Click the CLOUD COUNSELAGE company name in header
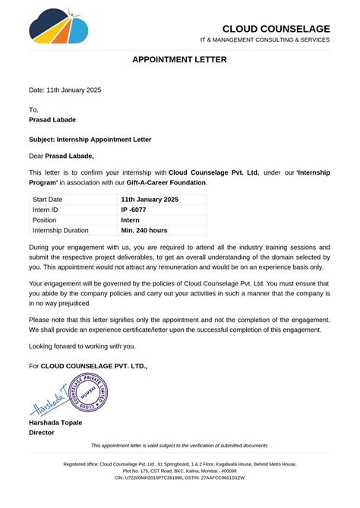click(x=276, y=29)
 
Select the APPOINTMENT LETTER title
click(x=179, y=59)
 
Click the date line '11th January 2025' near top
click(x=65, y=90)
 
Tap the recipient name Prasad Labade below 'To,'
click(x=52, y=120)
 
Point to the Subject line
click(x=90, y=140)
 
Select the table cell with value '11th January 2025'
click(x=150, y=199)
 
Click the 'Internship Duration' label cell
click(x=61, y=230)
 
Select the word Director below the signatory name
click(x=42, y=432)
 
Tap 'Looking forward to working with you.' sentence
click(x=82, y=346)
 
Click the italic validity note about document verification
click(x=179, y=446)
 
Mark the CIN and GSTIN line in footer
click(x=179, y=478)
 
